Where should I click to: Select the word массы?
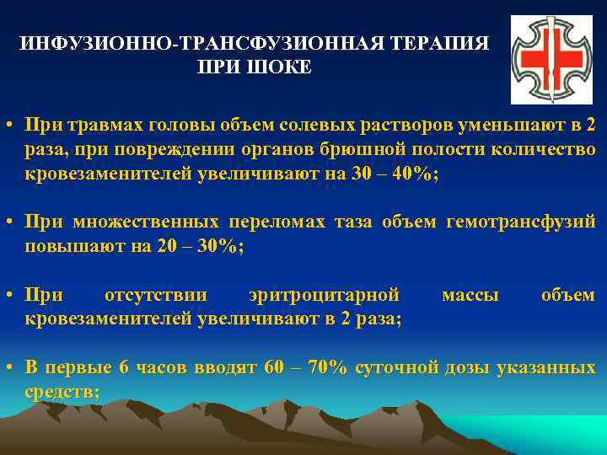(x=470, y=296)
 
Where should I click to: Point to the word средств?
(x=60, y=392)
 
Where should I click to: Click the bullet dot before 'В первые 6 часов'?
(x=8, y=369)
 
